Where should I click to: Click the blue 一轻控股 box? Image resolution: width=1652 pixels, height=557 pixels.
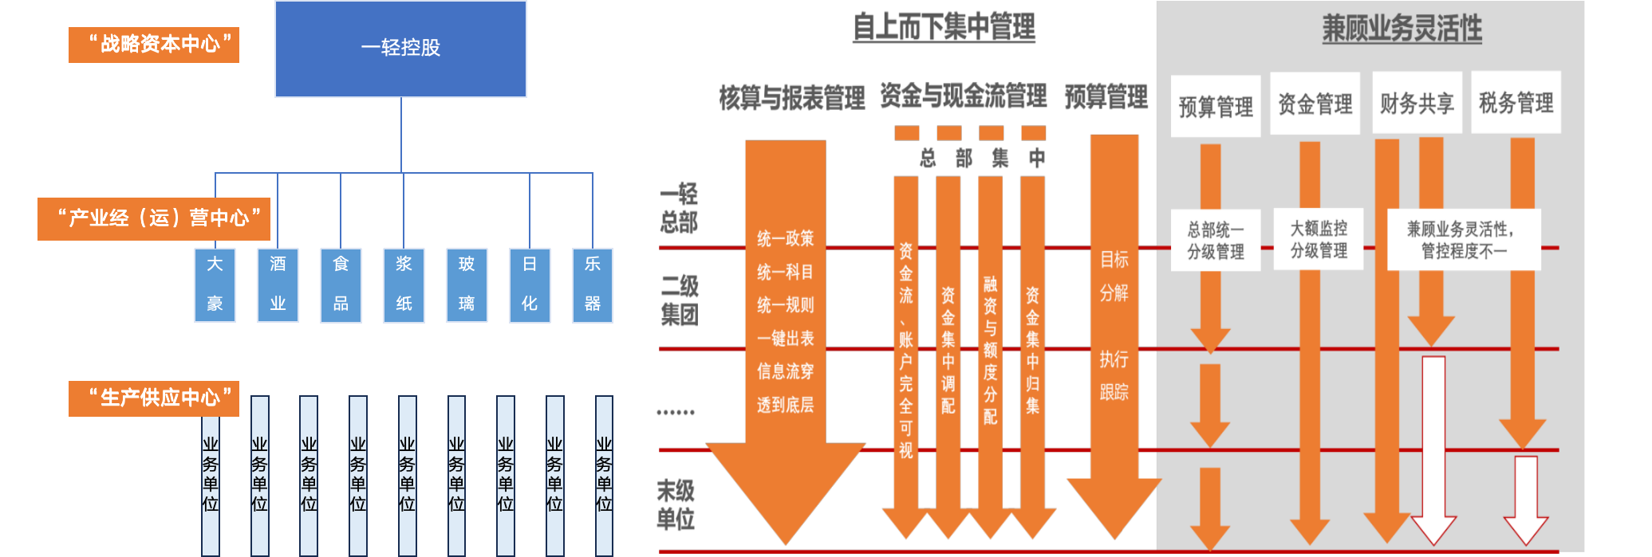point(400,49)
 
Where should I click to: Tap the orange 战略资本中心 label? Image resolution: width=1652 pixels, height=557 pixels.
point(154,45)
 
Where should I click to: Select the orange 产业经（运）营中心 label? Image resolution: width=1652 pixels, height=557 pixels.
point(154,218)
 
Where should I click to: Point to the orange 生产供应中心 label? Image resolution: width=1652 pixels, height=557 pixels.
point(154,398)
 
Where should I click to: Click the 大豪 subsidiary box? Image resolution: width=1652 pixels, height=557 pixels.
point(215,284)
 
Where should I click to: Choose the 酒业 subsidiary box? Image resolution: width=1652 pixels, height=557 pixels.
point(278,284)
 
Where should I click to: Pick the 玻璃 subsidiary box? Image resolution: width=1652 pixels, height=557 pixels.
point(467,284)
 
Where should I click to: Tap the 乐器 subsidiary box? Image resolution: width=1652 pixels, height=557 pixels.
point(593,284)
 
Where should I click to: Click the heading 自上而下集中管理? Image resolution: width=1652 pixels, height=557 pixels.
point(944,27)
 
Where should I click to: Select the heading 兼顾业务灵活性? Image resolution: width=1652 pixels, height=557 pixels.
point(1402,29)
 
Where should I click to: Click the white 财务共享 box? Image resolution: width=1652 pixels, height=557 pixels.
point(1417,104)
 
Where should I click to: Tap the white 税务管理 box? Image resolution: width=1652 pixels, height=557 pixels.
point(1516,103)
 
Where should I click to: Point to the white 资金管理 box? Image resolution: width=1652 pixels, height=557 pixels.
point(1315,104)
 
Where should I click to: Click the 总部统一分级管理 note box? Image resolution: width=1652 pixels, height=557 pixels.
point(1215,241)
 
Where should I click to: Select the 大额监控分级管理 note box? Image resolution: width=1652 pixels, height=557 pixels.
point(1319,239)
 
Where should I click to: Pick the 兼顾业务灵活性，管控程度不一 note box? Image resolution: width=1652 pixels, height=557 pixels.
point(1463,240)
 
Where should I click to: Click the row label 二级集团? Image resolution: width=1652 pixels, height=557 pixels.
point(679,300)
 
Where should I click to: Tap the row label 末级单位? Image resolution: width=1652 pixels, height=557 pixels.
point(676,504)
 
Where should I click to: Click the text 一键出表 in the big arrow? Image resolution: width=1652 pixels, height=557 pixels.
point(786,339)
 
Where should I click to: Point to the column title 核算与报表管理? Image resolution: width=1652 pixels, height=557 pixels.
point(791,98)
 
